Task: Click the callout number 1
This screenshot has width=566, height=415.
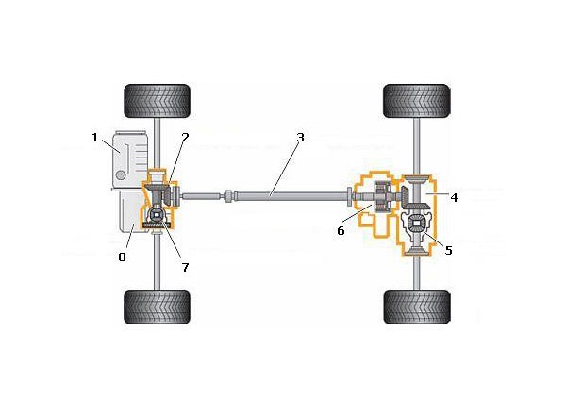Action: coord(95,138)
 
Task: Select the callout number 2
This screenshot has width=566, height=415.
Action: coord(185,138)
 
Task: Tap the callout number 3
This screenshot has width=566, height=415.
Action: coord(300,138)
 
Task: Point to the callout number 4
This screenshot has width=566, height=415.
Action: coord(454,198)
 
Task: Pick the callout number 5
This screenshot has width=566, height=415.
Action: coord(449,251)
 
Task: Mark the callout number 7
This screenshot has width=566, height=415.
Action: coord(185,267)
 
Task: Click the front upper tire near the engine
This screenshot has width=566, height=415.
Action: coord(158,100)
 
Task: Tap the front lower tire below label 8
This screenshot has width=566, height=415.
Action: coord(158,307)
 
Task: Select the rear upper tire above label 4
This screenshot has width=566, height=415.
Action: coord(416,100)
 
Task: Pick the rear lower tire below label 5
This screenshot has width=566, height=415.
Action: coord(416,307)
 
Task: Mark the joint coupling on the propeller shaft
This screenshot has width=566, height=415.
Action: coord(228,196)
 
